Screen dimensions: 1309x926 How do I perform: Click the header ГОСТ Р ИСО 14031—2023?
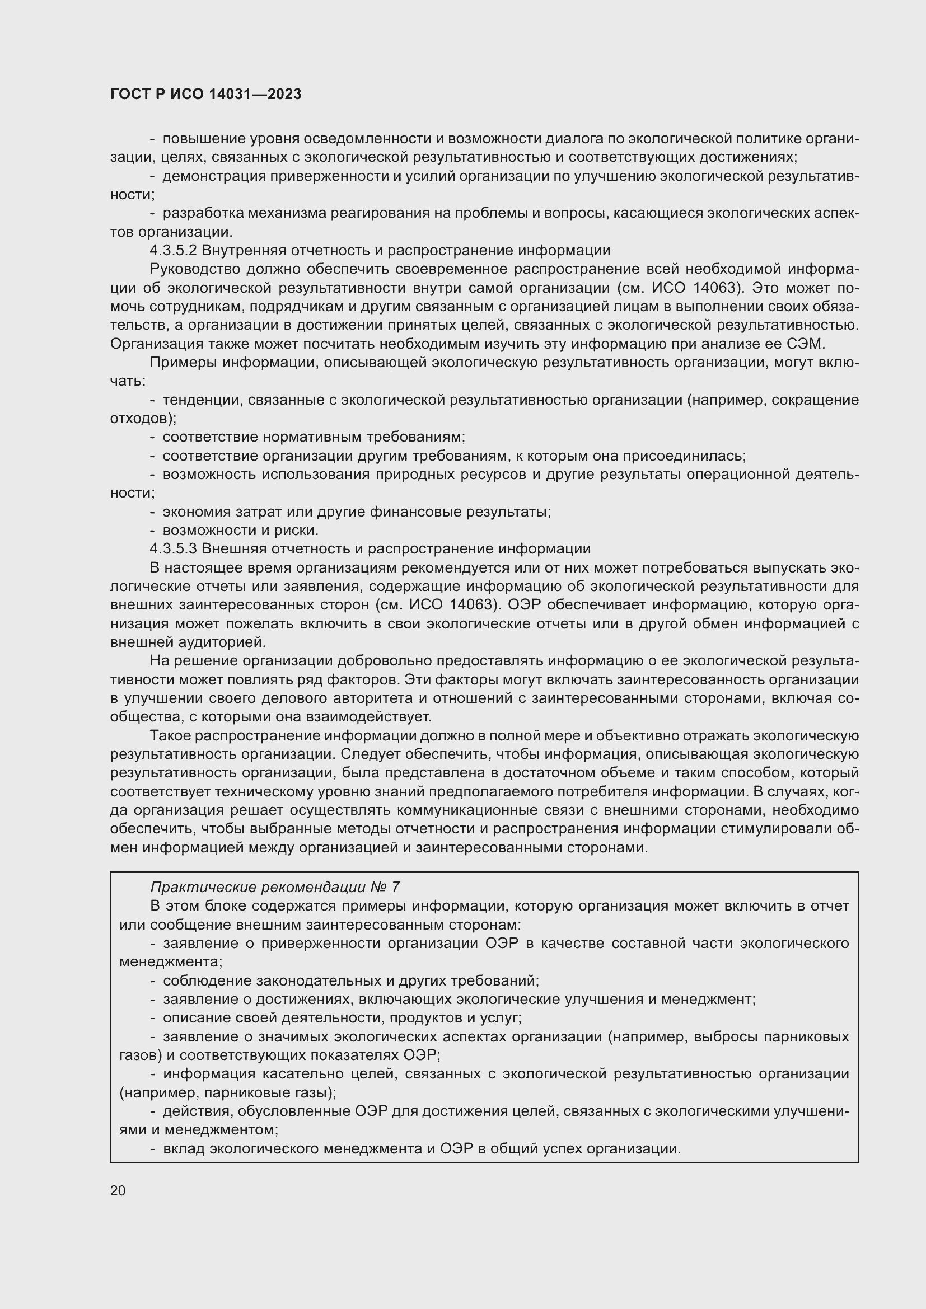point(205,95)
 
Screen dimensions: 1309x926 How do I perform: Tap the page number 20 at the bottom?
point(118,1190)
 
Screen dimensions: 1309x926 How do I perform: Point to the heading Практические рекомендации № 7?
point(274,887)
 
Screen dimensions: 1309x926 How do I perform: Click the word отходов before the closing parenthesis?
point(141,419)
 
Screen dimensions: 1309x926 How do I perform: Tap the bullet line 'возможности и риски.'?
point(240,530)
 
